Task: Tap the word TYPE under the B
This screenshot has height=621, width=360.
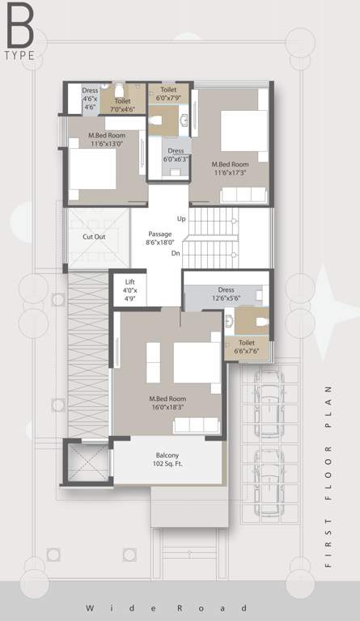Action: (19, 56)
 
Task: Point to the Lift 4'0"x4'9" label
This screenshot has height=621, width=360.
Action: (130, 289)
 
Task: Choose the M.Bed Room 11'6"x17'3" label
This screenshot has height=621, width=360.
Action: (231, 167)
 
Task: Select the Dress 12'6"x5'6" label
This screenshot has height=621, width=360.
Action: (226, 294)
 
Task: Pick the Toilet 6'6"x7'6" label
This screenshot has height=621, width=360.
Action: (248, 346)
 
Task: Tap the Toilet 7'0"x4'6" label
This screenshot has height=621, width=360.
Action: (122, 104)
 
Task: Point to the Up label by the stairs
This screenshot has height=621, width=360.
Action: (181, 219)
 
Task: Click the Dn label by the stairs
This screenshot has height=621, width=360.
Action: (176, 253)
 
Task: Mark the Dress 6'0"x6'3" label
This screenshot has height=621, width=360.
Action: (176, 155)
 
